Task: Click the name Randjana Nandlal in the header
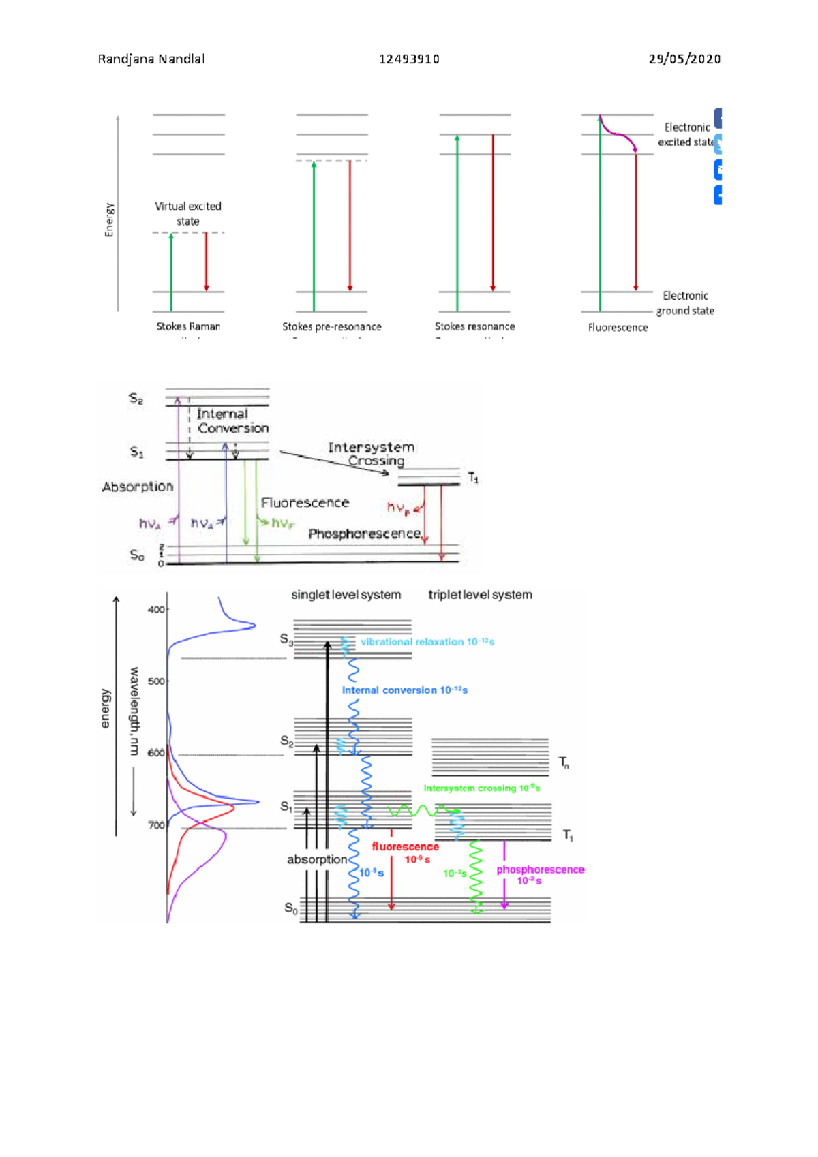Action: point(151,59)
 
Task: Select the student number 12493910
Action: point(409,59)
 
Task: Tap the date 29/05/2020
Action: point(684,59)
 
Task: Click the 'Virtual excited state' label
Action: point(188,213)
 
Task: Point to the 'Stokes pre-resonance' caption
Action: point(332,327)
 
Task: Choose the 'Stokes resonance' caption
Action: point(475,327)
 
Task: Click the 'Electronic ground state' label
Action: point(686,303)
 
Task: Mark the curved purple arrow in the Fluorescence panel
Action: point(619,133)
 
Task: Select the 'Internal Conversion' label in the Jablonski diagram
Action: point(232,421)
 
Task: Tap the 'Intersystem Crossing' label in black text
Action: point(372,454)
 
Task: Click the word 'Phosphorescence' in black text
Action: point(364,534)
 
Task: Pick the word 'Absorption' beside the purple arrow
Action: point(138,487)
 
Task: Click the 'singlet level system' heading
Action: point(346,595)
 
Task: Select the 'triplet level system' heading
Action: point(480,595)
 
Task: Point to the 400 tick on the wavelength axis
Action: point(157,610)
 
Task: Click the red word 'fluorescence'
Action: point(405,847)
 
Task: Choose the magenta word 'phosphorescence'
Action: point(540,870)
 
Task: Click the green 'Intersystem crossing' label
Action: point(481,788)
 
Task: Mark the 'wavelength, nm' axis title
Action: point(134,711)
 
